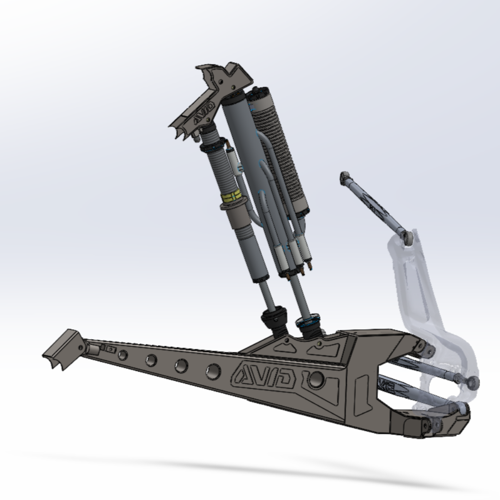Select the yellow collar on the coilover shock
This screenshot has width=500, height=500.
[x=233, y=197]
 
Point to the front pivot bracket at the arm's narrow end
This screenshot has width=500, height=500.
[x=61, y=349]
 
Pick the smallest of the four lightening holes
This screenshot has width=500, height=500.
[x=123, y=355]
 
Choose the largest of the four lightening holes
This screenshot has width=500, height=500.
[x=213, y=372]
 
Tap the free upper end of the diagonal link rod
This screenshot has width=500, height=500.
[x=345, y=177]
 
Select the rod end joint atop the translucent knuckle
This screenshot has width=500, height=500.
[x=406, y=237]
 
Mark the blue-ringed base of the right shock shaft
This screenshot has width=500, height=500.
[x=308, y=324]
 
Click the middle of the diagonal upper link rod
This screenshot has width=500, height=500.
[x=375, y=206]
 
